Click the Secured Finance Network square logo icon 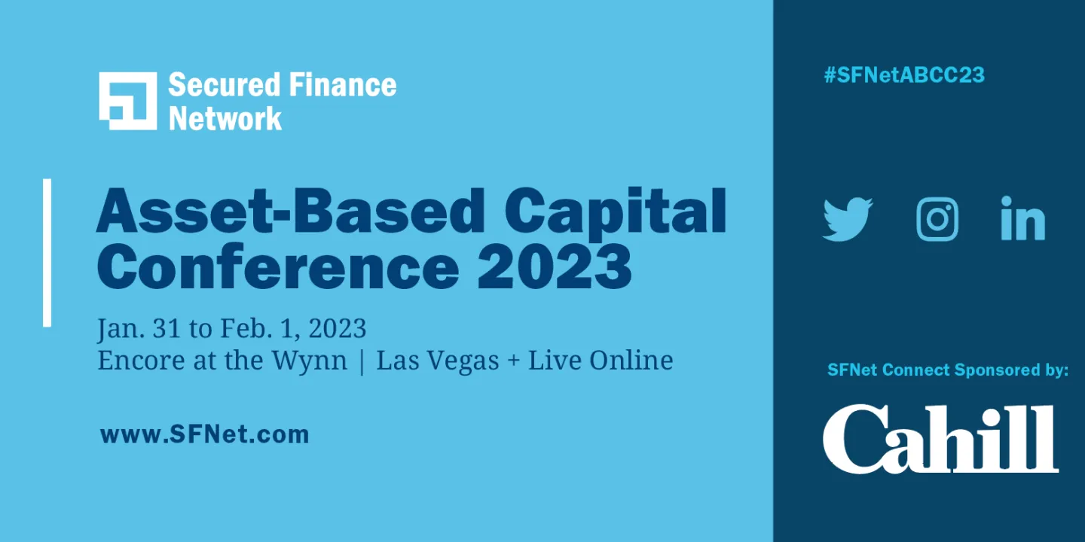click(x=127, y=101)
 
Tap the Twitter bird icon click(x=847, y=219)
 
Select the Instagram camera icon click(x=937, y=219)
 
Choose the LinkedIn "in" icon click(x=1022, y=219)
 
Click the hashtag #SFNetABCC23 click(x=904, y=75)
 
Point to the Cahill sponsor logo click(x=940, y=439)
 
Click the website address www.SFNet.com click(x=204, y=434)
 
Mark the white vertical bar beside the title click(x=47, y=252)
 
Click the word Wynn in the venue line click(x=309, y=361)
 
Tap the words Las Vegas click(x=438, y=361)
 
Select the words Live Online click(x=600, y=361)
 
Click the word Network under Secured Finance click(x=225, y=118)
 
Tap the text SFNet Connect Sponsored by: click(x=947, y=370)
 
